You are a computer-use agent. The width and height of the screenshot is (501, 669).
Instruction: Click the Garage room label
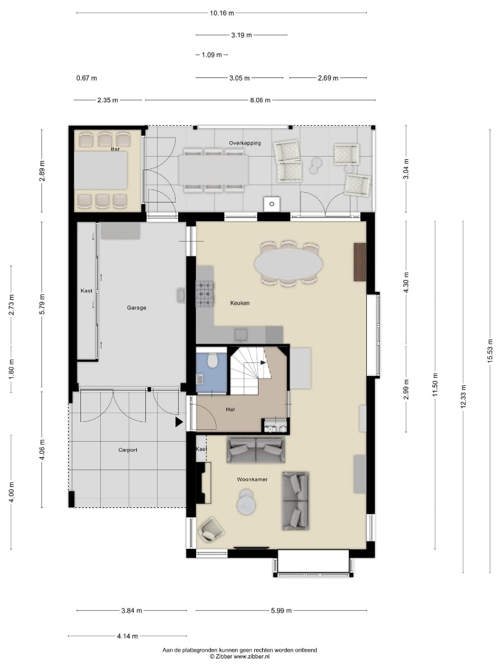pyautogui.click(x=136, y=307)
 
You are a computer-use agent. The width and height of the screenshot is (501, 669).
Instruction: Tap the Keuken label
pyautogui.click(x=240, y=303)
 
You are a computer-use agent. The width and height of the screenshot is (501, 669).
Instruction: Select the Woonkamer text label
pyautogui.click(x=252, y=479)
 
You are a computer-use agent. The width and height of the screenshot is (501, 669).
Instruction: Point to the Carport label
pyautogui.click(x=128, y=450)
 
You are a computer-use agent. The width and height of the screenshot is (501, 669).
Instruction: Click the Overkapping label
pyautogui.click(x=245, y=143)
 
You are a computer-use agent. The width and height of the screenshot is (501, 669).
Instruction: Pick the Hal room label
pyautogui.click(x=230, y=409)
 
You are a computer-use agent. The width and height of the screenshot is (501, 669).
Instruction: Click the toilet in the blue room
pyautogui.click(x=212, y=361)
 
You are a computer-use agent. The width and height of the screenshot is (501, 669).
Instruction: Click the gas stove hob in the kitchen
pyautogui.click(x=205, y=294)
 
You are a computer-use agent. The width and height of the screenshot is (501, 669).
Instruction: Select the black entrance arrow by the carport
pyautogui.click(x=179, y=422)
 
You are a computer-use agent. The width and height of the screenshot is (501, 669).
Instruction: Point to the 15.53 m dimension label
pyautogui.click(x=490, y=351)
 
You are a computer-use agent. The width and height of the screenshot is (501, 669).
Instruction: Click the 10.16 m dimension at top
pyautogui.click(x=221, y=13)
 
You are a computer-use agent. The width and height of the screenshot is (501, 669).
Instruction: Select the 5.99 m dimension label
pyautogui.click(x=281, y=611)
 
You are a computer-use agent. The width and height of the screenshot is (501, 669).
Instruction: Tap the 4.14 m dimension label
pyautogui.click(x=127, y=636)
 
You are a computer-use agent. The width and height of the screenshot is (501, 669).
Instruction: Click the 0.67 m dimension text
pyautogui.click(x=87, y=78)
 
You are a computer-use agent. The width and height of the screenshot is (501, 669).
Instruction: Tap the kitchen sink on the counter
pyautogui.click(x=241, y=334)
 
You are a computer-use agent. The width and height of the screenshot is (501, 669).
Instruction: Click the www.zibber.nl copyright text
pyautogui.click(x=239, y=657)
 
